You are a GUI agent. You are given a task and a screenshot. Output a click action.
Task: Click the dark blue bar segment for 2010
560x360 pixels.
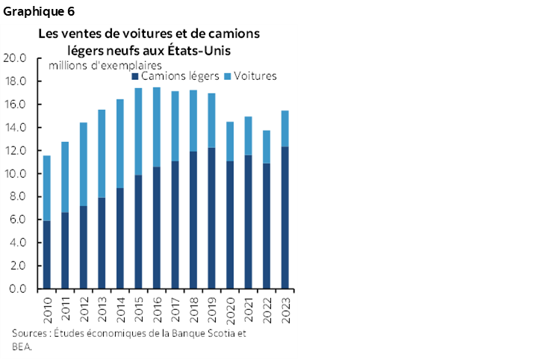coord(47,254)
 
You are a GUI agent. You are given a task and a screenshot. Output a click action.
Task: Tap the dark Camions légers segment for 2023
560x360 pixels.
coord(284,217)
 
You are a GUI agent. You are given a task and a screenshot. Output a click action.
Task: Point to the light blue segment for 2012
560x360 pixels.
coord(84,164)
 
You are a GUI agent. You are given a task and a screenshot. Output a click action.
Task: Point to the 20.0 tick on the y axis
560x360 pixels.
coord(16,58)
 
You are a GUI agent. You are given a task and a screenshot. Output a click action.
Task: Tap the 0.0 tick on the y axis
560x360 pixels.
coord(18,289)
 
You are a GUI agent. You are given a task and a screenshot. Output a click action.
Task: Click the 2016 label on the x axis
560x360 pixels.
coord(157,308)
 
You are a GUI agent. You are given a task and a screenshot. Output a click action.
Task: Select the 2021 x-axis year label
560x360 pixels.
coord(248,308)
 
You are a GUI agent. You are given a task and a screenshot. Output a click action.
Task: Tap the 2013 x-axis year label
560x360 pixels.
coord(102,308)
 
